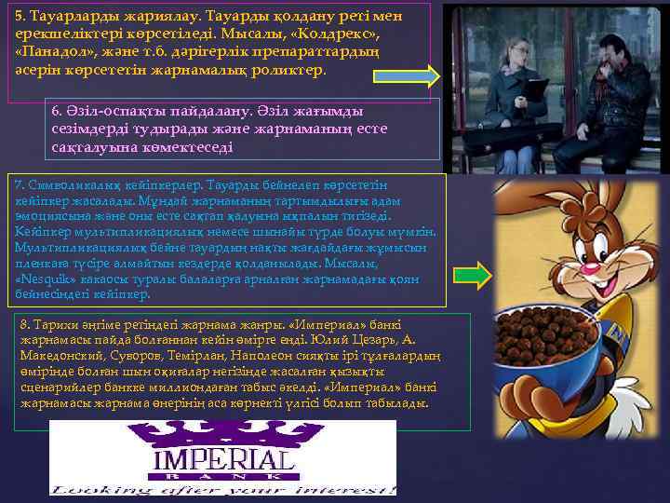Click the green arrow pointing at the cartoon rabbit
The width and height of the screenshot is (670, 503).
pyautogui.click(x=479, y=273)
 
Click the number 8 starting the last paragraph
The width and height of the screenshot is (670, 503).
pyautogui.click(x=24, y=323)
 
